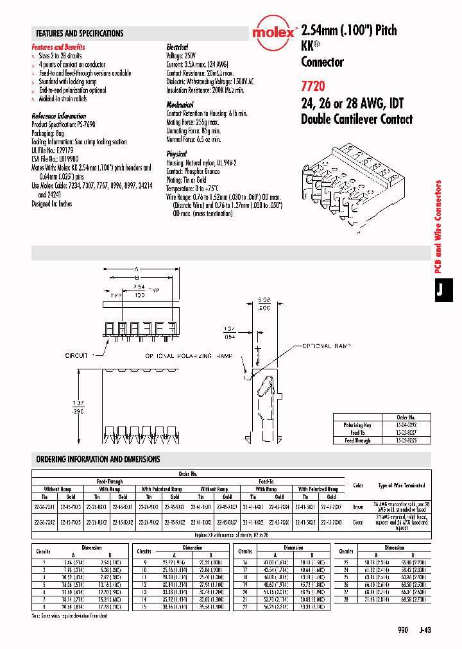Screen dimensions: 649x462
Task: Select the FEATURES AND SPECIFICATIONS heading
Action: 80,33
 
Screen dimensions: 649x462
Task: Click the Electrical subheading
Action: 177,47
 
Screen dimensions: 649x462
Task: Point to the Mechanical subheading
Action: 180,105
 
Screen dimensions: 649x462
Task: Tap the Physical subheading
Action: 176,154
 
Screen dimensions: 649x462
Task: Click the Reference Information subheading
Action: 59,116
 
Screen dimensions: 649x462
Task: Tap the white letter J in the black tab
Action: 440,289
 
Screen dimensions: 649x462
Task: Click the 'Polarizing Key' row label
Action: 357,425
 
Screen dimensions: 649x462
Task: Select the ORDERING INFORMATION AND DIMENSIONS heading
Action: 98,459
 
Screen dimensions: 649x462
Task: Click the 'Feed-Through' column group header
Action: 110,481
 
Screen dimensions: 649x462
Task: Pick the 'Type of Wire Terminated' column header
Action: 401,485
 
